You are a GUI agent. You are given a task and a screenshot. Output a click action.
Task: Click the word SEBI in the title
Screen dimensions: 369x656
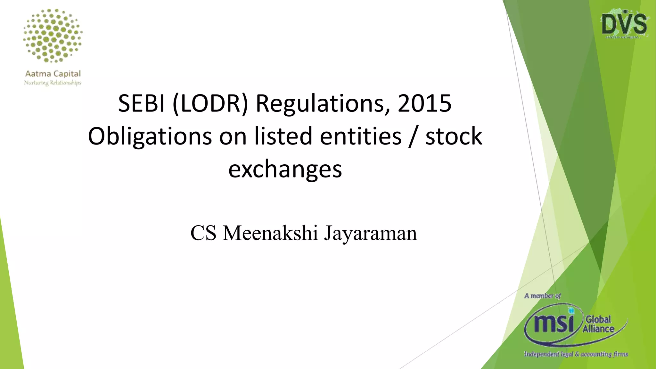[141, 103]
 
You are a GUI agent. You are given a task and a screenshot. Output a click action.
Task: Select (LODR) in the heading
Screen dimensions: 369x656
[210, 103]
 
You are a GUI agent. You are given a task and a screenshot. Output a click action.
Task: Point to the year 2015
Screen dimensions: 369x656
[424, 103]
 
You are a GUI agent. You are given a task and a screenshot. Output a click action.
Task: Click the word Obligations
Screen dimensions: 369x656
[150, 136]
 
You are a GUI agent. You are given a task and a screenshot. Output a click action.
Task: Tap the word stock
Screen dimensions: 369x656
[454, 136]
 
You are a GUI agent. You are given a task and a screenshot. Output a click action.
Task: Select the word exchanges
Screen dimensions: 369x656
[285, 169]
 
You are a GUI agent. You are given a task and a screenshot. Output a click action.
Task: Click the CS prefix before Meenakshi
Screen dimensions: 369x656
[203, 233]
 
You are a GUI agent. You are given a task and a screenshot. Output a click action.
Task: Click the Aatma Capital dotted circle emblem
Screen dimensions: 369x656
[53, 35]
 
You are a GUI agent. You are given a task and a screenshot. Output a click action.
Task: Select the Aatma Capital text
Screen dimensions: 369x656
[53, 74]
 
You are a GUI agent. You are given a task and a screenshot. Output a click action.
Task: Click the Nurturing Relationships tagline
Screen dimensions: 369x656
[53, 83]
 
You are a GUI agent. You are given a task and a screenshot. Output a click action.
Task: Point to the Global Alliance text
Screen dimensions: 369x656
[598, 324]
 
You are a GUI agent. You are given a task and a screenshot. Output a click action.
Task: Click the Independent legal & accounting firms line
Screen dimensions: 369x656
[576, 354]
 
